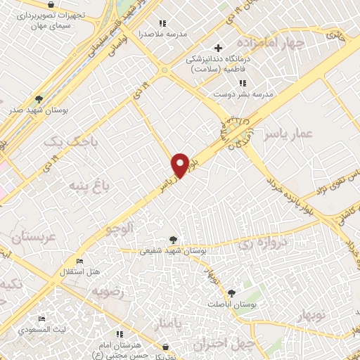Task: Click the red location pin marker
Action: click(x=181, y=165)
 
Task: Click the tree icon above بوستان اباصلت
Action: click(x=232, y=293)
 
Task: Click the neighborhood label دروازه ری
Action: click(x=266, y=244)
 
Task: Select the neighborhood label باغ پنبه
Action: click(x=89, y=186)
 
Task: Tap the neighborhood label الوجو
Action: click(x=119, y=228)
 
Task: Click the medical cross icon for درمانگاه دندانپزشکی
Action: click(x=219, y=48)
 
